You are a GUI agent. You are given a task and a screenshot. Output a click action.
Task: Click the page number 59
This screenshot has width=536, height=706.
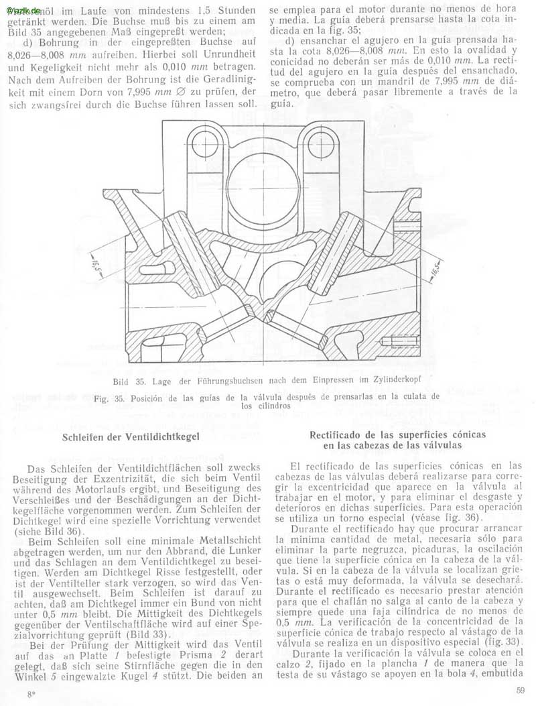click(x=521, y=691)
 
